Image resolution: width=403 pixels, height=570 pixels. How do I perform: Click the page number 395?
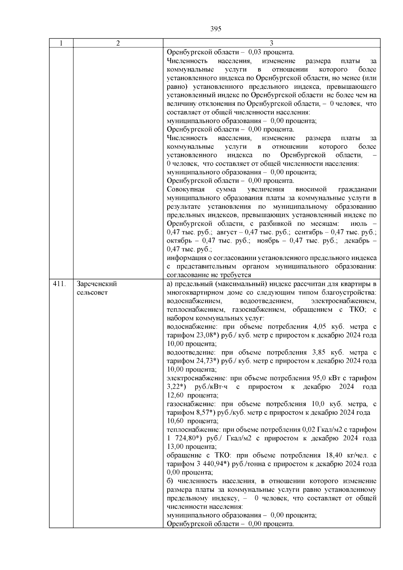(216, 29)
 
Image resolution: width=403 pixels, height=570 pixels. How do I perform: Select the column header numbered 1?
(61, 43)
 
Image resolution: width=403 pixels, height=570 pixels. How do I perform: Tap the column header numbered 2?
(118, 43)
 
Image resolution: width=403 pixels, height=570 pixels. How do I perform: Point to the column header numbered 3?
(271, 43)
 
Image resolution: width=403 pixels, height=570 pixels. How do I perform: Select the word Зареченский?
(97, 284)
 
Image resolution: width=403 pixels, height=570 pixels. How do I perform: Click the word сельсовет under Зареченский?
(92, 293)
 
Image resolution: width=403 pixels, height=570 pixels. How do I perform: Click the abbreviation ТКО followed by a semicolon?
(357, 309)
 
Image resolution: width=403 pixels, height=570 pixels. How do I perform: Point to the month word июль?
(358, 224)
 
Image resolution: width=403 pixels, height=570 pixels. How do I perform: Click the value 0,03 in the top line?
(255, 52)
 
